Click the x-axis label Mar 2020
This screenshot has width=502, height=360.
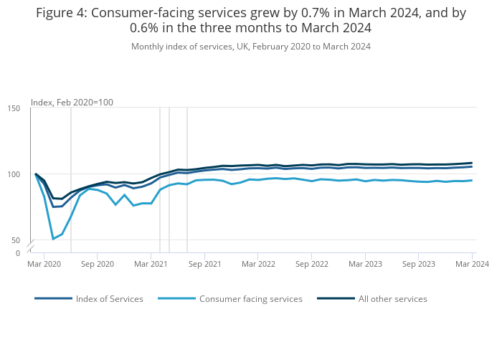(44, 264)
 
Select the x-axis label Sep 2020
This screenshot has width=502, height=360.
(98, 264)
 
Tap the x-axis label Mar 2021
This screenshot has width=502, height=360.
(151, 264)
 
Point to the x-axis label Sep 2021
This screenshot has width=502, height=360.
(204, 264)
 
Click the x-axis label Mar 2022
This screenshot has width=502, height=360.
(258, 264)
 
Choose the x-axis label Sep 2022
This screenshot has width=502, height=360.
(311, 264)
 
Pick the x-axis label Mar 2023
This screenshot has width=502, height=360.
(365, 264)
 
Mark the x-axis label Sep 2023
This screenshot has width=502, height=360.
(418, 264)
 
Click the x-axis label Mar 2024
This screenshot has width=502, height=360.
(472, 264)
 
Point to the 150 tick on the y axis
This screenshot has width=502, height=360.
(14, 108)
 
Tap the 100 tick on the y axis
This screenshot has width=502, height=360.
(14, 174)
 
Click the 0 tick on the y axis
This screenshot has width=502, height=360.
(18, 253)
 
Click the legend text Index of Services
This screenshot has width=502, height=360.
(110, 299)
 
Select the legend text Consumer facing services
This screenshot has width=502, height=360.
(251, 299)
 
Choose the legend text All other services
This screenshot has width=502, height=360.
(392, 299)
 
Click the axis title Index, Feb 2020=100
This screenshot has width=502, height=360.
(72, 103)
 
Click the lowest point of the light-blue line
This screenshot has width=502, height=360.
(53, 239)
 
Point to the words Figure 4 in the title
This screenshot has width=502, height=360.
(61, 13)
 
